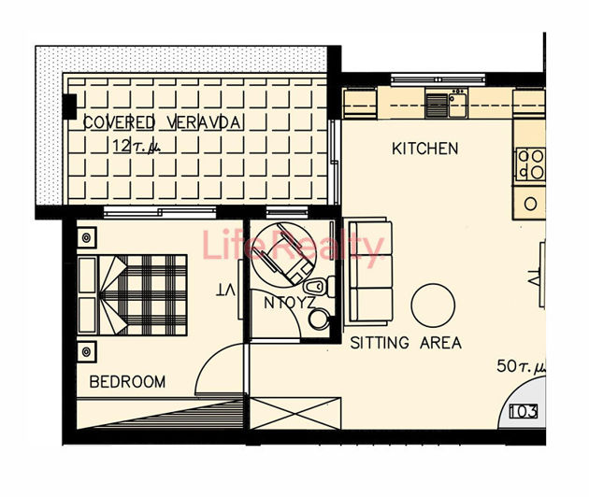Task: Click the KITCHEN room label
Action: coord(424,149)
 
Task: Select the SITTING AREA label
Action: coord(406,343)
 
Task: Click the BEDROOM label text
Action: coord(127,381)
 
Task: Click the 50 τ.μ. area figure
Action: coord(518,366)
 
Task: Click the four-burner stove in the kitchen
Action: coord(531,164)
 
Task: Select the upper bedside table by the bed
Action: coord(87,236)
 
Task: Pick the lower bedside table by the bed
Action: coord(87,350)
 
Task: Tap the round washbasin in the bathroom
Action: coord(319,319)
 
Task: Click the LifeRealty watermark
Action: coord(294,248)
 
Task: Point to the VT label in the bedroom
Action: coord(225,291)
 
